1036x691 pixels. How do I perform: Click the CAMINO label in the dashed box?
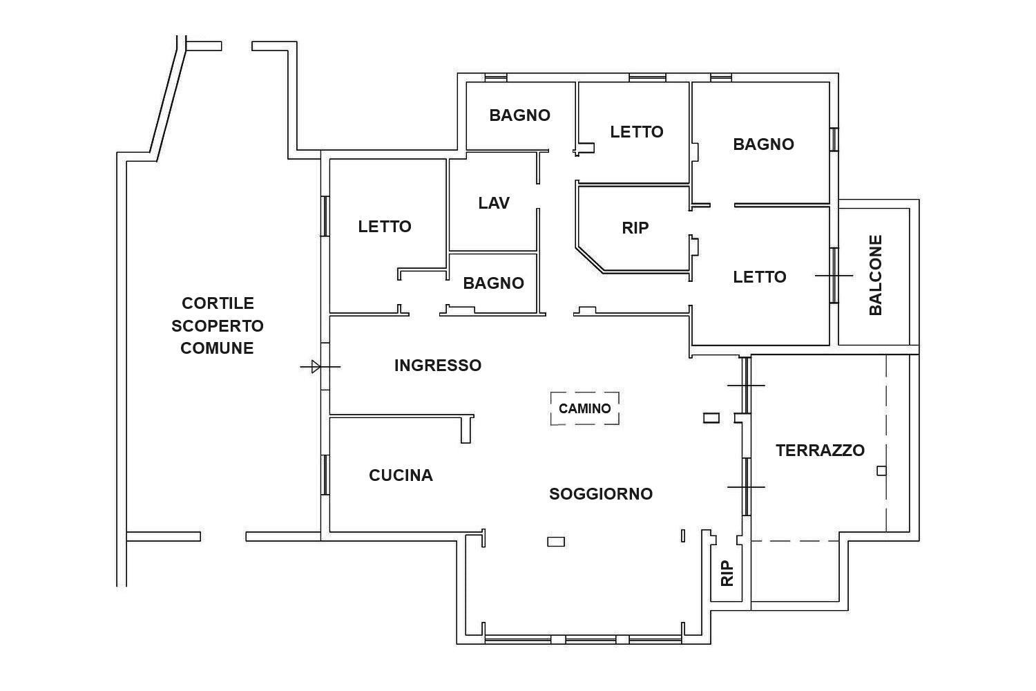pos(584,408)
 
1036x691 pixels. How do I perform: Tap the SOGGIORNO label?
pos(601,494)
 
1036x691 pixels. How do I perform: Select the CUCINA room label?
pos(401,475)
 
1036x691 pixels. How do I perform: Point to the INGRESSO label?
pos(437,366)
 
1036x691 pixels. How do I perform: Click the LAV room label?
pos(494,203)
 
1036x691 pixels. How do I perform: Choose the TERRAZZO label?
pos(820,451)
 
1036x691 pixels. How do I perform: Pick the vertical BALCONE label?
pos(876,276)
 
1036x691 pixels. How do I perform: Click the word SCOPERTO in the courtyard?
pos(218,326)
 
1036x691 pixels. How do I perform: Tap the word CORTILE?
pos(218,303)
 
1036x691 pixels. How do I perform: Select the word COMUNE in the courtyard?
pos(217,348)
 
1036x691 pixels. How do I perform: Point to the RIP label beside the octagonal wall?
pos(635,228)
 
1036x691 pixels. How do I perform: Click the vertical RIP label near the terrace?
pos(727,574)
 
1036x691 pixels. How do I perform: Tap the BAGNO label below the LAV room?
pos(494,283)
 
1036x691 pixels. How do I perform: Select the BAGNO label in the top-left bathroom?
pos(520,115)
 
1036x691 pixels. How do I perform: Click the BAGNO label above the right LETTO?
pos(764,144)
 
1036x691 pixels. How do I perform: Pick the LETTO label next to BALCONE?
pos(760,277)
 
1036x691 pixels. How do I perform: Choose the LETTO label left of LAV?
pos(384,227)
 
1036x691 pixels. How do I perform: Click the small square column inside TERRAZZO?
pos(881,471)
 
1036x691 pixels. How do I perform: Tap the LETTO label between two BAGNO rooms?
pos(636,133)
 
